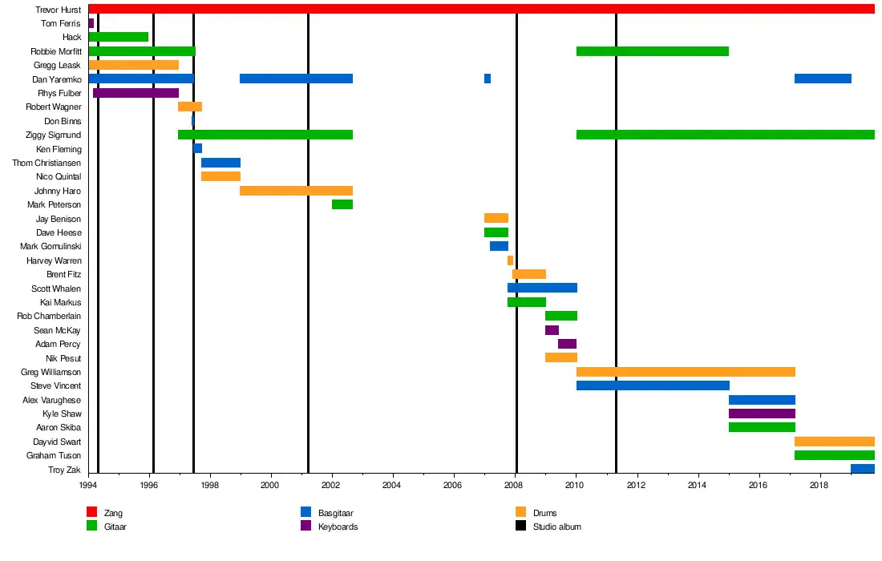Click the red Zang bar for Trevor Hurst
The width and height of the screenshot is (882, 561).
(x=481, y=9)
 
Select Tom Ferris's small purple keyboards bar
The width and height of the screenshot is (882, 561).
(x=91, y=23)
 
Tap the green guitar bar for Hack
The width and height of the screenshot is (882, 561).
(x=119, y=37)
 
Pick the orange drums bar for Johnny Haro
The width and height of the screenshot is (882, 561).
(x=296, y=191)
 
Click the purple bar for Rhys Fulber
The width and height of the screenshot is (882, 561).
(x=136, y=93)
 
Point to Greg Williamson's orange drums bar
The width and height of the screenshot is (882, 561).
(x=686, y=372)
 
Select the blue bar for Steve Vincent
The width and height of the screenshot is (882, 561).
(x=653, y=385)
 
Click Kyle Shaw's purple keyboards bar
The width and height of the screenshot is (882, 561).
(x=762, y=414)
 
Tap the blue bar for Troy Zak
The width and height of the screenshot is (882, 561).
(x=862, y=469)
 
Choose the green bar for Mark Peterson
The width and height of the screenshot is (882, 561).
(x=342, y=204)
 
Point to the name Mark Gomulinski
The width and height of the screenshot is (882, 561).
(x=51, y=246)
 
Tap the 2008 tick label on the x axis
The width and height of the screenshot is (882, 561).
(x=515, y=485)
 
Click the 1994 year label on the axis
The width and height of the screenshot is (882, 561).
(x=88, y=485)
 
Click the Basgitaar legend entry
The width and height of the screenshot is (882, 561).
(x=335, y=513)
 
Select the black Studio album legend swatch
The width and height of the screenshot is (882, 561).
(x=520, y=527)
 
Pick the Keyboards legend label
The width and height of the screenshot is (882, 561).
(x=338, y=527)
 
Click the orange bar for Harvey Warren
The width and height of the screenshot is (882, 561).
(x=510, y=260)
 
